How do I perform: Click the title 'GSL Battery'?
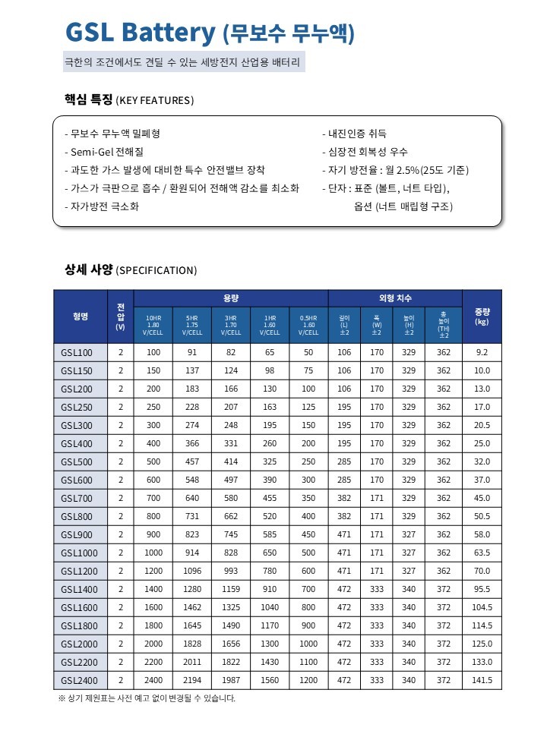coord(141,33)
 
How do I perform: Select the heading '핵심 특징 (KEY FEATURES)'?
coord(129,100)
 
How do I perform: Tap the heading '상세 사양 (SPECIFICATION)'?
coord(131,270)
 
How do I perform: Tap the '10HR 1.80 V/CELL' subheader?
coord(153,325)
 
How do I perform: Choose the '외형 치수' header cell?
coord(394,298)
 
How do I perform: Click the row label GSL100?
coord(76,353)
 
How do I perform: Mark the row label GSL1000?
coord(78,553)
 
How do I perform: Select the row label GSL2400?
coord(78,680)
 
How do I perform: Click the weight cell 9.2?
coord(482,353)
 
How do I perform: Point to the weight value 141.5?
coord(482,680)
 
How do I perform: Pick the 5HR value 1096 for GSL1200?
coord(192,571)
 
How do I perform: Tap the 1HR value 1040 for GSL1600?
coord(270,607)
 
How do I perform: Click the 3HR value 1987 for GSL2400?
coord(231,680)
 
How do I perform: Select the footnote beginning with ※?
coord(147,698)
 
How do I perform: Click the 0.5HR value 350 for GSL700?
coord(308,498)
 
